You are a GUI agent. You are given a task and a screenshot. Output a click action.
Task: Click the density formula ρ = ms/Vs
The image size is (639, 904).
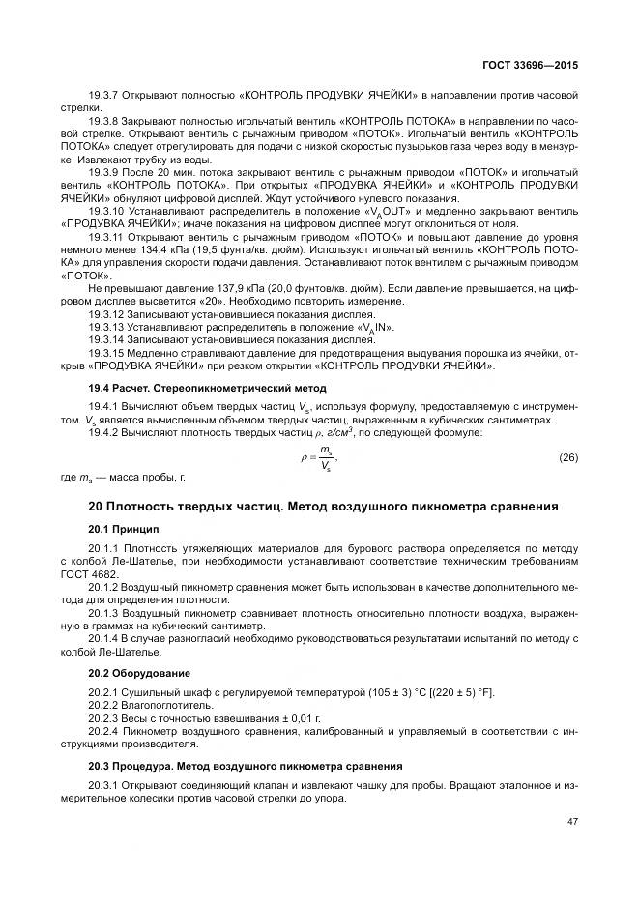[x=319, y=457]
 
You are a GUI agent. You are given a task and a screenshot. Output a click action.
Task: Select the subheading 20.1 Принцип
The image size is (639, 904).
[x=124, y=529]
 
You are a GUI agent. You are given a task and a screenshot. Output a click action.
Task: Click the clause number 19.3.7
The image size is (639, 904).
[x=102, y=95]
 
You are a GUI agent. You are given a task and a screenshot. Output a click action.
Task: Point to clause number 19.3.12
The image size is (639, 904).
[x=105, y=315]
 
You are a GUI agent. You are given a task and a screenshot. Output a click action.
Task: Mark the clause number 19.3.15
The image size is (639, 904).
[x=105, y=353]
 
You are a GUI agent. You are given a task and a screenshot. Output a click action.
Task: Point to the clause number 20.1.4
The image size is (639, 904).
[x=102, y=639]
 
